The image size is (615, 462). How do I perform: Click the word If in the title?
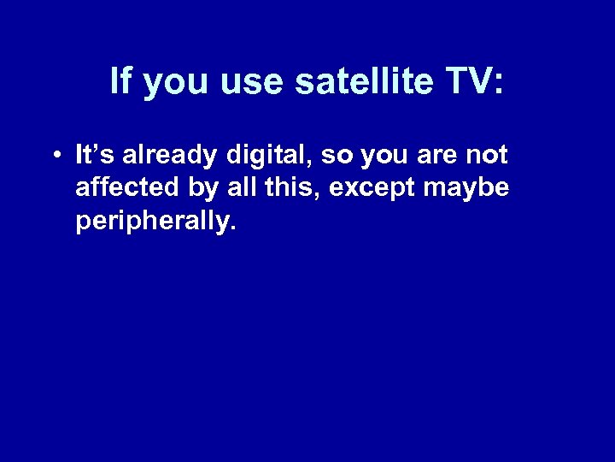pyautogui.click(x=120, y=82)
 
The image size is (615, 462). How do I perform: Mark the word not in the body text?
pyautogui.click(x=488, y=156)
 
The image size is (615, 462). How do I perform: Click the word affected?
pyautogui.click(x=122, y=187)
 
